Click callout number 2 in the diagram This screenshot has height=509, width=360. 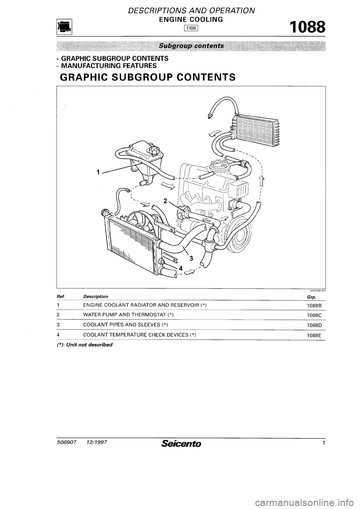(x=164, y=200)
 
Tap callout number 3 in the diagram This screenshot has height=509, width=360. (x=191, y=258)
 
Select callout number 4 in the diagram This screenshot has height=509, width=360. (x=180, y=268)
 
